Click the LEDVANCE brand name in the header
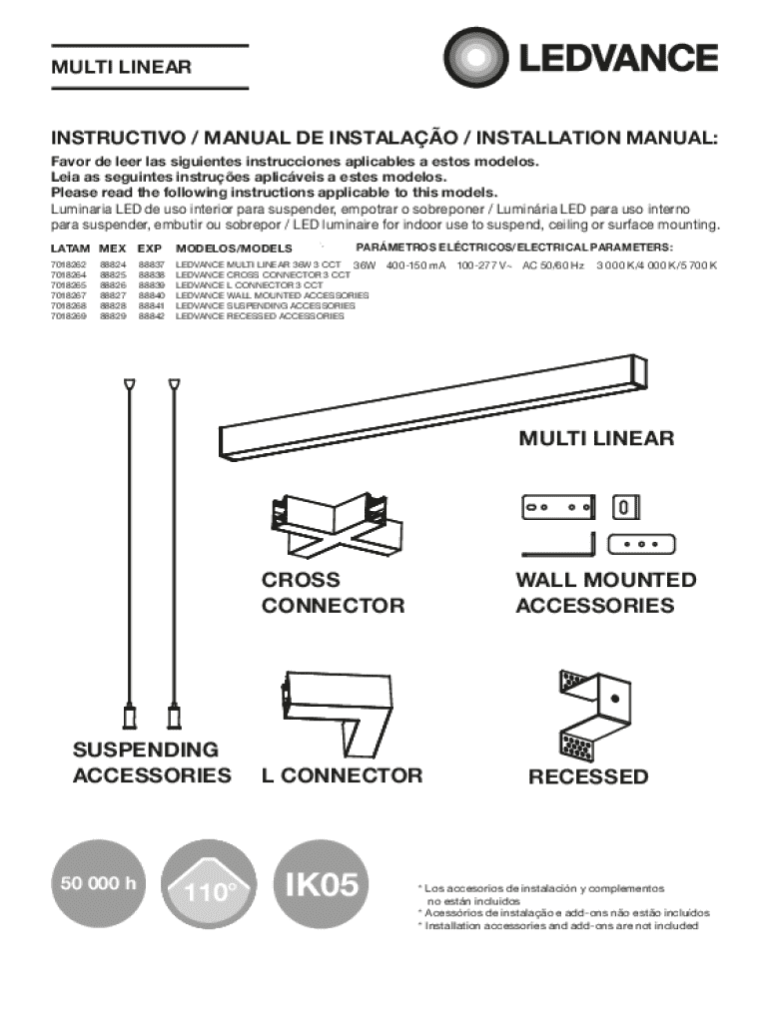[x=616, y=58]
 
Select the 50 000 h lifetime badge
[x=97, y=882]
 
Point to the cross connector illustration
[x=331, y=529]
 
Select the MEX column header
[x=112, y=248]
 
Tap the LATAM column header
[x=70, y=248]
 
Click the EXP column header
[x=150, y=248]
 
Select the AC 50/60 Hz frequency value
[x=553, y=266]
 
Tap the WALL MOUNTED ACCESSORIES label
[x=606, y=593]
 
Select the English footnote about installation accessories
[x=557, y=925]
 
